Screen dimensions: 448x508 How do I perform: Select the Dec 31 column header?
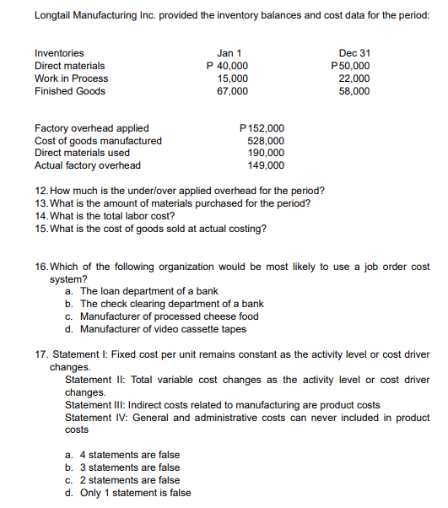coord(354,52)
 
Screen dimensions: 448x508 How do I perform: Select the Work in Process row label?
coord(71,78)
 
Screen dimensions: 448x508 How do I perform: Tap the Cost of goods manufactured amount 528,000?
coord(268,141)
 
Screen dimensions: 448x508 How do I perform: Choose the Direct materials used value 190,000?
coord(268,153)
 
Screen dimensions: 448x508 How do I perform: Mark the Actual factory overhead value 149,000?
coord(268,165)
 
